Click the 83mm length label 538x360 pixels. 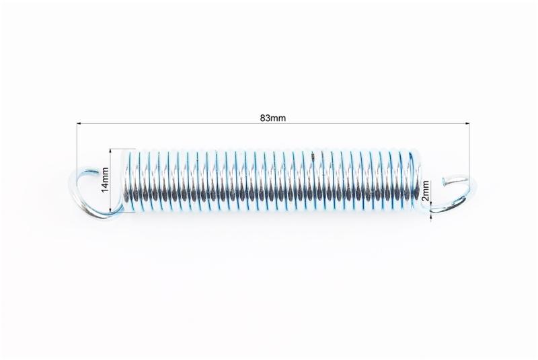pyautogui.click(x=273, y=118)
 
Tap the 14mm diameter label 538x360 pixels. pyautogui.click(x=105, y=180)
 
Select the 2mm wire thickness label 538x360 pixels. pyautogui.click(x=426, y=191)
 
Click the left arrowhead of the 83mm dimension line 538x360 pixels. pyautogui.click(x=79, y=123)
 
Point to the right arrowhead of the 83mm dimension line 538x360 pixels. pyautogui.click(x=467, y=123)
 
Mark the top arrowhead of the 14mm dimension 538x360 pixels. pyautogui.click(x=110, y=151)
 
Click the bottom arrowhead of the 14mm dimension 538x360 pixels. pyautogui.click(x=110, y=210)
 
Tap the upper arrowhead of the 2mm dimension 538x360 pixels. pyautogui.click(x=431, y=203)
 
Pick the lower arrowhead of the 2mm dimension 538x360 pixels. pyautogui.click(x=431, y=215)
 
